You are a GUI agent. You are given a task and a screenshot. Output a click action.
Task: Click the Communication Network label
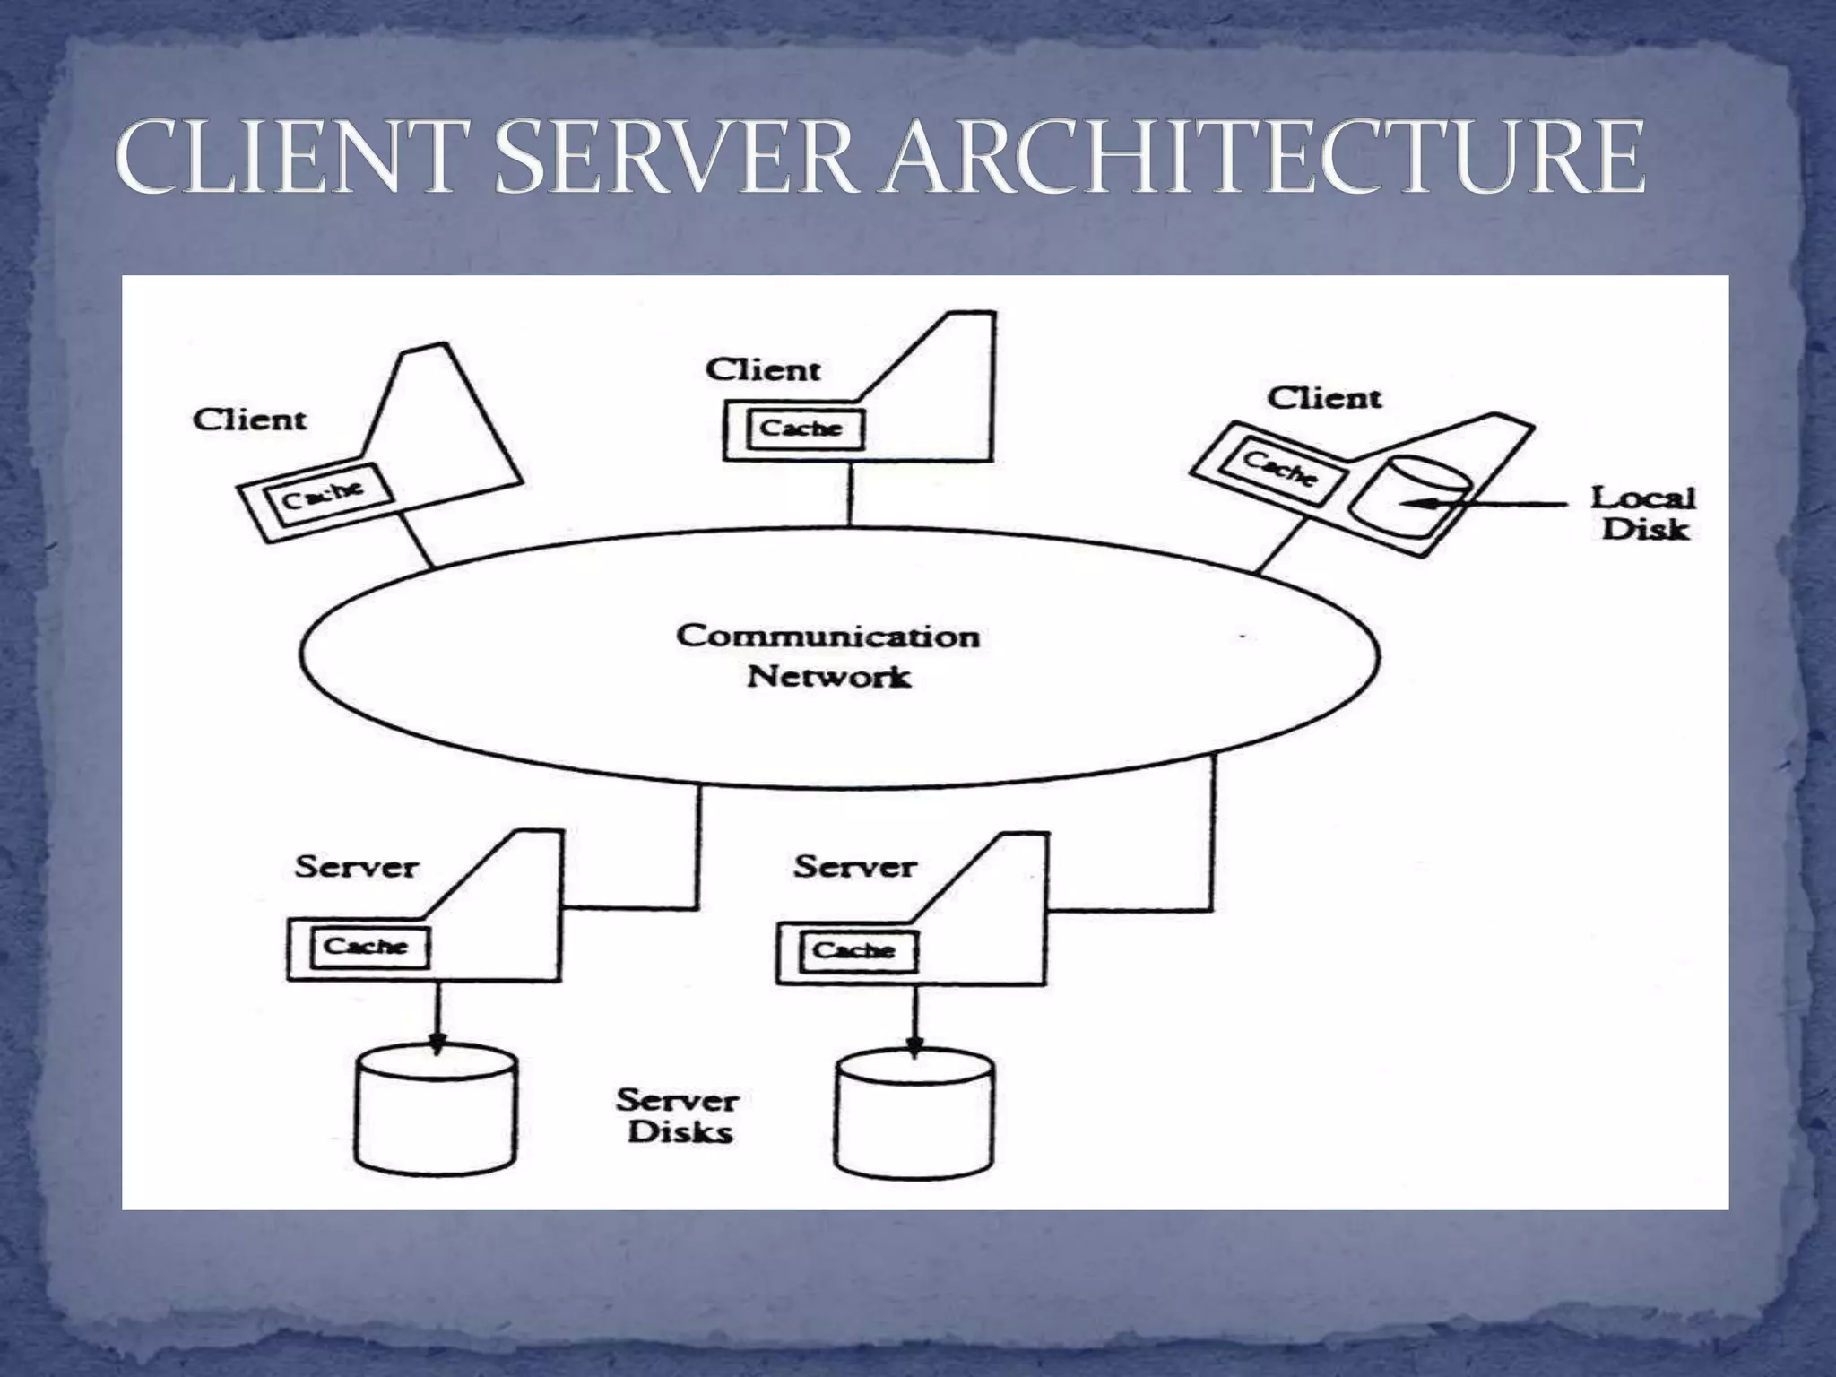828,655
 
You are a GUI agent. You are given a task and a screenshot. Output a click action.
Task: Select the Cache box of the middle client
801,429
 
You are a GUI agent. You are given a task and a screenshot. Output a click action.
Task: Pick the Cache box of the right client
1280,467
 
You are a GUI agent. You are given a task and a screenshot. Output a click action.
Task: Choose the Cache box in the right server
853,950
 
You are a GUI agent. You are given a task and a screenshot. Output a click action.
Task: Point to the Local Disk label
1643,514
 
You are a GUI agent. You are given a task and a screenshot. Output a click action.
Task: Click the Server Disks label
679,1115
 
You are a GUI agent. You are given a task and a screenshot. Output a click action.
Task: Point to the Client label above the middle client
763,370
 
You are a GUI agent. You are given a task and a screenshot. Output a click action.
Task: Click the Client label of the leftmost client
249,420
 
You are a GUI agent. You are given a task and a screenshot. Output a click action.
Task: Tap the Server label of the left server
356,868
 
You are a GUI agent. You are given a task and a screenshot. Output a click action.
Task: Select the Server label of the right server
854,867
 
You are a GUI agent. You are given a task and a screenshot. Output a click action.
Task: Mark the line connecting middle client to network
849,494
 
